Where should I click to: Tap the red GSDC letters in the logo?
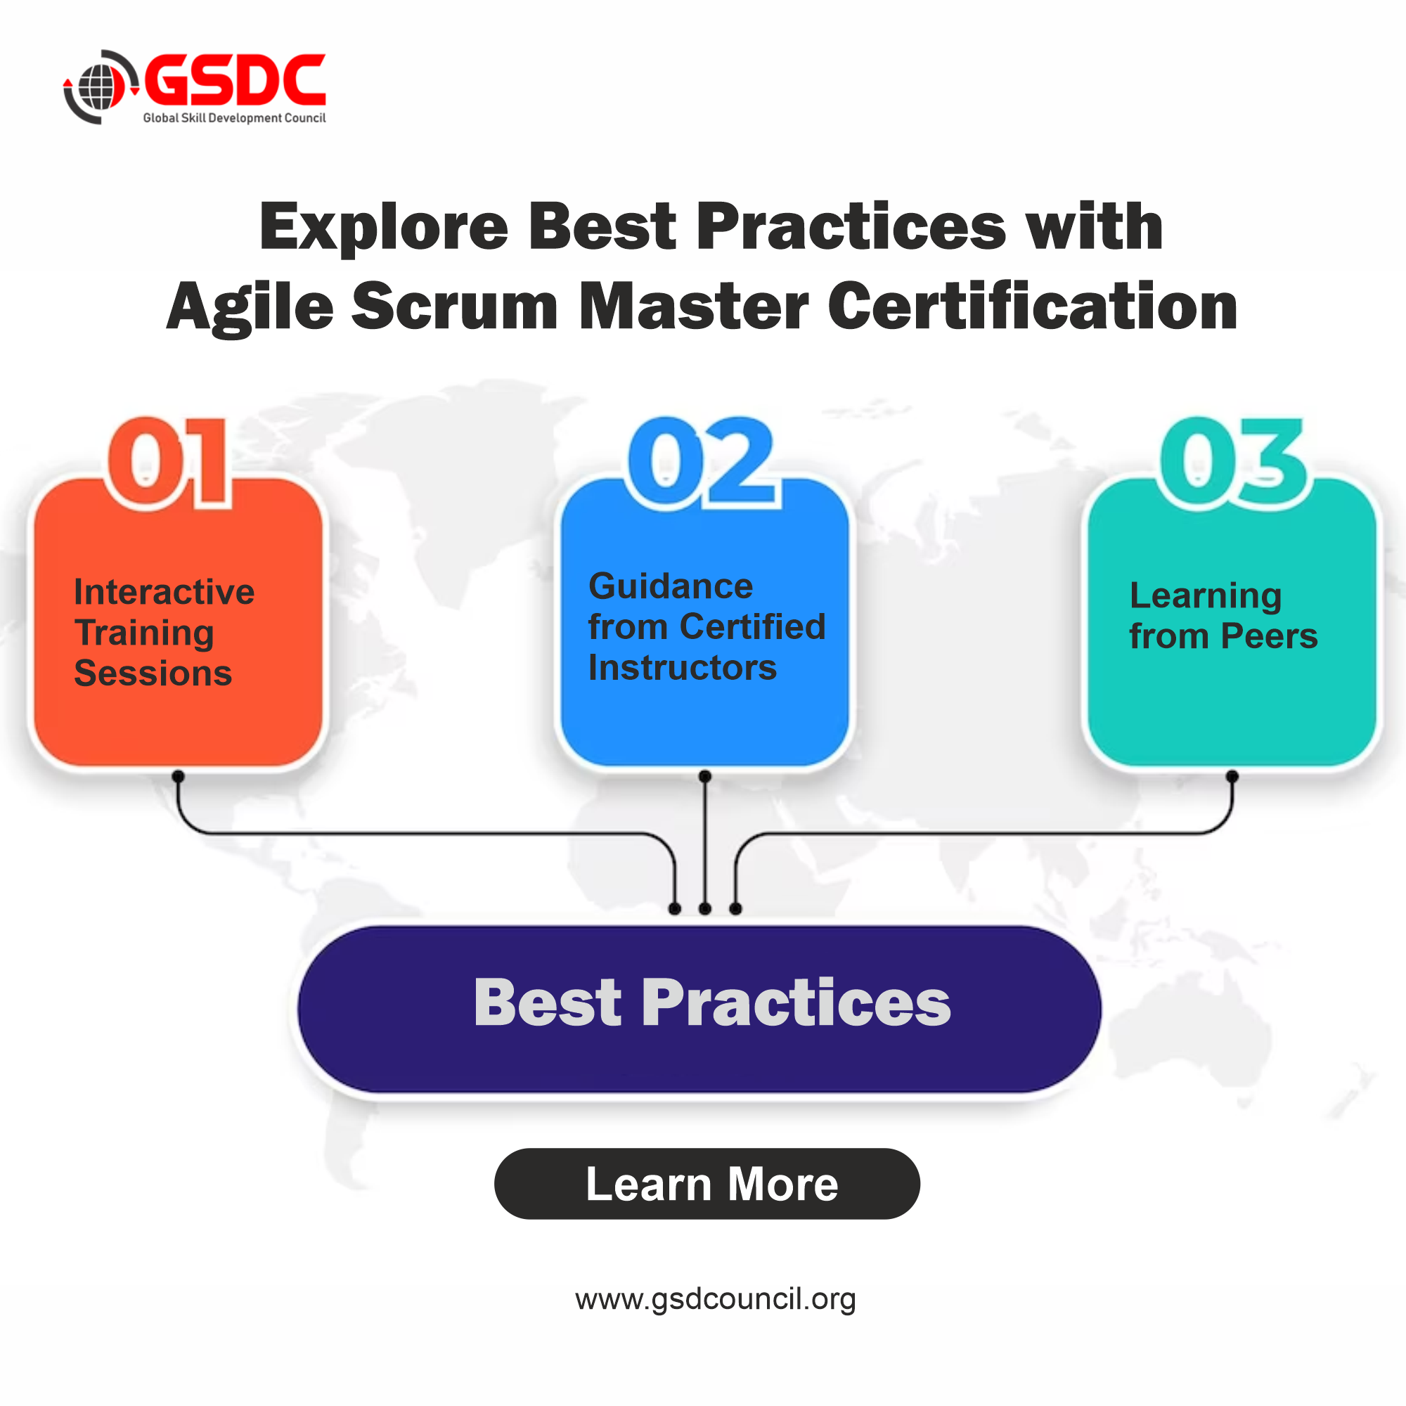point(235,80)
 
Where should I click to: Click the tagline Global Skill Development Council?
point(234,118)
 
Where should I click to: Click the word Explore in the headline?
point(384,227)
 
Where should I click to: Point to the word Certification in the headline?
point(1033,307)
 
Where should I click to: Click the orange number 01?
point(169,462)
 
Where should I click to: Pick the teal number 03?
point(1233,462)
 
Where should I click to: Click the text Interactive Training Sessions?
point(163,633)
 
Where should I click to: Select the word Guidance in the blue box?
point(670,586)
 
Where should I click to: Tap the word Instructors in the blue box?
point(682,668)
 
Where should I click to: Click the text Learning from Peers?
point(1223,616)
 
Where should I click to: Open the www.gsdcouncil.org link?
point(716,1299)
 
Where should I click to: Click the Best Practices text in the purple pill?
point(711,1003)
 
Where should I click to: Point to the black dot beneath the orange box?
point(179,777)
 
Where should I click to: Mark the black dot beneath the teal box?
point(1232,777)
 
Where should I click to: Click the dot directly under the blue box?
point(704,777)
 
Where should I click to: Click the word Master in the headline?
point(693,307)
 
